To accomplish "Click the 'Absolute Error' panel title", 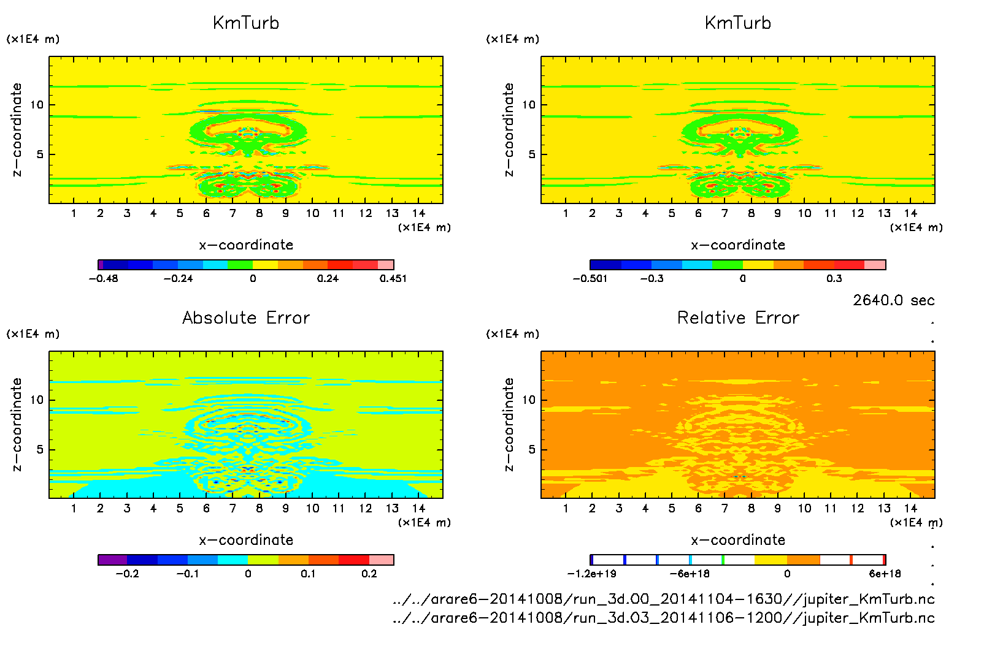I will (x=246, y=317).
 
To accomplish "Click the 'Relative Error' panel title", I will (x=738, y=317).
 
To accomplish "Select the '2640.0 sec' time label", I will (x=893, y=300).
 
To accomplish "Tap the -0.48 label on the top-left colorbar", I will (x=103, y=278).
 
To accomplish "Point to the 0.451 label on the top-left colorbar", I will (x=393, y=278).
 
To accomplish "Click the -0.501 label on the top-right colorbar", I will (x=590, y=278).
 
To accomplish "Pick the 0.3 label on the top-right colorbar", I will (x=834, y=278).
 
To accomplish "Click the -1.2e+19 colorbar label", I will (x=591, y=574).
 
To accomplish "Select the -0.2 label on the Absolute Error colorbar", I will (x=127, y=574).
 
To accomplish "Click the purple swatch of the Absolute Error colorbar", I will (x=112, y=560).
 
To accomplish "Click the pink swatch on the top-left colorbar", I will (x=385, y=265).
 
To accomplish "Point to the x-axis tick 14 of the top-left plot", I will (x=418, y=213).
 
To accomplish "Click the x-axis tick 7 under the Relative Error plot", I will (x=725, y=508).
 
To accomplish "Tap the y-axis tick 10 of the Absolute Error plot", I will (x=37, y=400).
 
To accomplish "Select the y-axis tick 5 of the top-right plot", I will (x=532, y=154).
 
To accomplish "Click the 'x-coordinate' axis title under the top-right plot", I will (x=738, y=245).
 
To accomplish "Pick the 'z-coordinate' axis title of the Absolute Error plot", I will (x=17, y=424).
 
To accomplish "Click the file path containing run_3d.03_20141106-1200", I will (x=663, y=618).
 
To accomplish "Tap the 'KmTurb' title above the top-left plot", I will (x=246, y=23).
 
